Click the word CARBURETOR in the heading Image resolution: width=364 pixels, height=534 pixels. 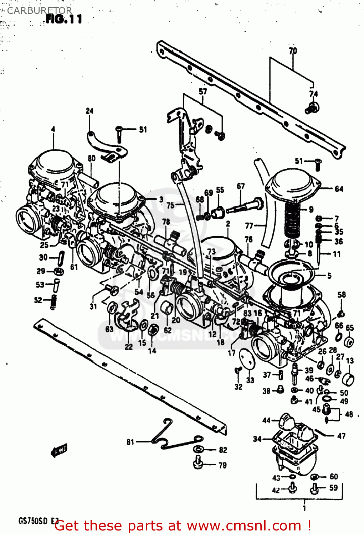39,10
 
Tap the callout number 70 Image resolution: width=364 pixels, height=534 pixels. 293,51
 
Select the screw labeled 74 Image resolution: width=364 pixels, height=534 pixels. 312,108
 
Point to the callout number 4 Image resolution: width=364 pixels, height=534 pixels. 53,129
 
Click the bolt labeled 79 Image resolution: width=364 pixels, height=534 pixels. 198,463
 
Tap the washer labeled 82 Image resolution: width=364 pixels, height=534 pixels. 198,450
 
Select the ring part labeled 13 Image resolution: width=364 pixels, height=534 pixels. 348,379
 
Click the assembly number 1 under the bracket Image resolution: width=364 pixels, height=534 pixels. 304,508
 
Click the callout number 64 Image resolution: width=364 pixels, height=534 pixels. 339,189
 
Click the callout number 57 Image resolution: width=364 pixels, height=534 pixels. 202,91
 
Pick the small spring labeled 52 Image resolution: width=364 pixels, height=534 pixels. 53,301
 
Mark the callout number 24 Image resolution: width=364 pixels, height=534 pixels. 89,111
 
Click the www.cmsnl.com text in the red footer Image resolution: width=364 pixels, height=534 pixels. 244,525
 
